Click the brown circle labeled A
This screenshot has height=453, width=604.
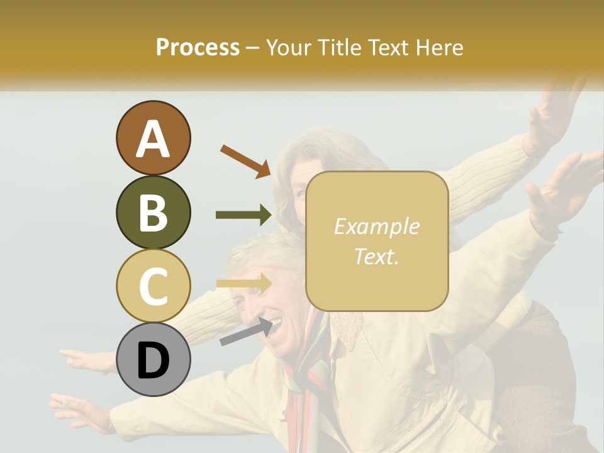point(153,138)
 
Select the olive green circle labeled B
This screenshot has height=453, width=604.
point(153,212)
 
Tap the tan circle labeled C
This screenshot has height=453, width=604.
point(153,286)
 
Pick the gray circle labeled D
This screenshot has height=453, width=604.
point(153,359)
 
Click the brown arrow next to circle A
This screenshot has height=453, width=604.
point(245,161)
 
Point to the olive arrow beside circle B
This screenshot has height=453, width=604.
point(243,215)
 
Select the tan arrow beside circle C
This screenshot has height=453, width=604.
point(243,284)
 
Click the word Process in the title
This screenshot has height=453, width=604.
point(198,47)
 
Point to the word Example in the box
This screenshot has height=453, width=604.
point(376,226)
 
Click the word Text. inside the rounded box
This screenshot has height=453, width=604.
point(376,256)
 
